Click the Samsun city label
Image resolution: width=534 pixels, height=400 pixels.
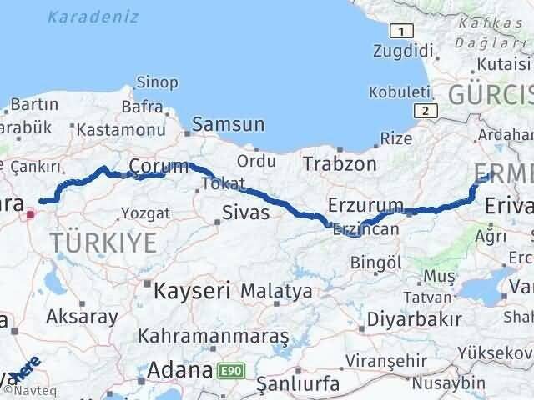click(228, 125)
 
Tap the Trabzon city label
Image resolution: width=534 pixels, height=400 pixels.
click(340, 163)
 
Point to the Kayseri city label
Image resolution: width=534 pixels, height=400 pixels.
click(191, 290)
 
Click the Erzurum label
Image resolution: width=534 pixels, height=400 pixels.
click(365, 206)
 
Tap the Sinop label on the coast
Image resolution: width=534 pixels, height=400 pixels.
click(156, 82)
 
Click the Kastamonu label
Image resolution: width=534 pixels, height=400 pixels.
click(118, 130)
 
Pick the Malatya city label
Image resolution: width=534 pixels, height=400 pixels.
click(276, 292)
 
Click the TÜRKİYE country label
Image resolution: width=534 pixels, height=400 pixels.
click(103, 243)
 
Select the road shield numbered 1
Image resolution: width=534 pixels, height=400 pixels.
click(402, 31)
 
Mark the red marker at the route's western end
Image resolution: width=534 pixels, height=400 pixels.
click(31, 213)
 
